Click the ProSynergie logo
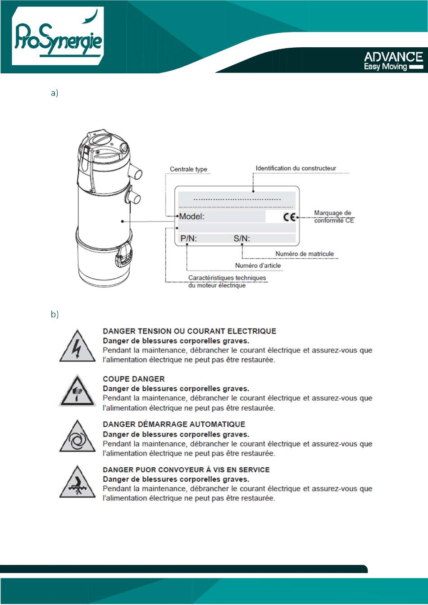coord(58,37)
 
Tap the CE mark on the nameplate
coord(290,217)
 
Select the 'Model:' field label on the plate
coord(192,217)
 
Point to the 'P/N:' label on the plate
coord(189,239)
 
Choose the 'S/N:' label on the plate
coord(241,239)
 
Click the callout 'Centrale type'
coord(188,169)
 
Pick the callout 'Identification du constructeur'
coord(296,168)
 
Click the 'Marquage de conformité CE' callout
coord(333,217)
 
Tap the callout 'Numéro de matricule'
coord(305,254)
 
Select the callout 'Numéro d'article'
coord(258,266)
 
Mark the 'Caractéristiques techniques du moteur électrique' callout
coord(227,282)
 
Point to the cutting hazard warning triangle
coord(77,392)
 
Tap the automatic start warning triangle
coord(77,438)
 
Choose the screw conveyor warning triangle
coord(77,484)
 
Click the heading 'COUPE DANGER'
coord(134,379)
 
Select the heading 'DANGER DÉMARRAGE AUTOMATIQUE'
coord(174,424)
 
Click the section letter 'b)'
coord(55,315)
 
